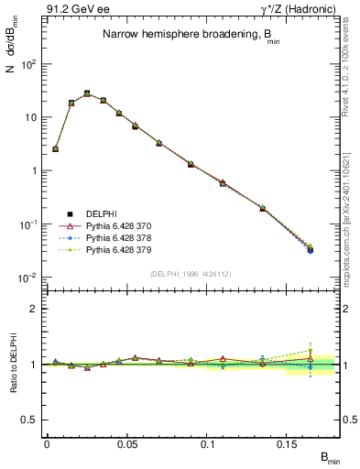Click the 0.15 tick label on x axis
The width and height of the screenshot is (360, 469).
click(287, 442)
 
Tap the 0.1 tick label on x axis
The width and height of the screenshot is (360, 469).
click(207, 442)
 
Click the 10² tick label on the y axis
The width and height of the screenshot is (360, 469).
click(28, 64)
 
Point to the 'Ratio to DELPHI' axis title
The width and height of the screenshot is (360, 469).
click(12, 365)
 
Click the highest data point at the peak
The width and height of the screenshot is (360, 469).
click(87, 93)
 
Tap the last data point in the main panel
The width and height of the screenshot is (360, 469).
click(311, 248)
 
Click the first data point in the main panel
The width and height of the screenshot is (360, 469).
click(55, 148)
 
